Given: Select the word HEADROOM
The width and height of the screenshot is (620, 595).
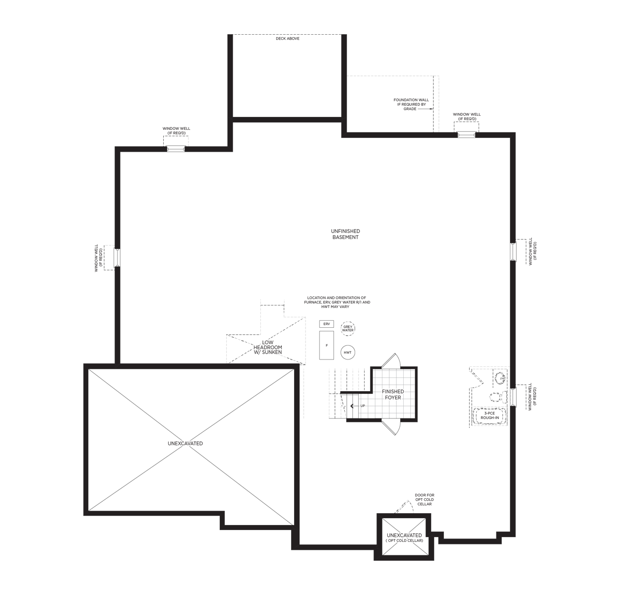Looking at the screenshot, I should point(268,348).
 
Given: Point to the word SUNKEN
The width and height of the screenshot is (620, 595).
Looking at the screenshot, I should point(272,353).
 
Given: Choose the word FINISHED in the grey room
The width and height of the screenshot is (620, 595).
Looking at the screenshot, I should point(392,392).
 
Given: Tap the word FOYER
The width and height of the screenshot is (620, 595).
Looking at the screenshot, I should point(392,397).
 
